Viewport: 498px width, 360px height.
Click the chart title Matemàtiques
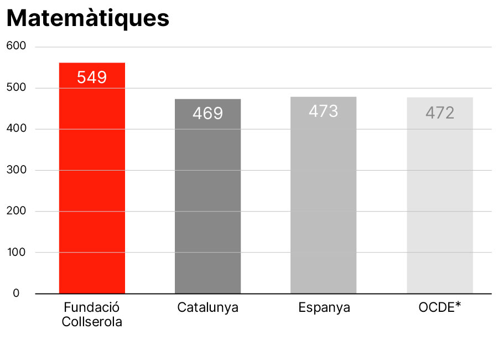coord(87,18)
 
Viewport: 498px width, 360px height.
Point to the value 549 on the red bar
coord(92,78)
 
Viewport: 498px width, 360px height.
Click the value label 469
coord(207,114)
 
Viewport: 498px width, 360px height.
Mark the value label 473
coord(323,111)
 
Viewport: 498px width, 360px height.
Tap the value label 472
coord(440,113)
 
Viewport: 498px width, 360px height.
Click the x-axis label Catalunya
coord(207,307)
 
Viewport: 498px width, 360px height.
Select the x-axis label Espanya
coord(324,307)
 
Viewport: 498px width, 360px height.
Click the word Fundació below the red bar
coord(92,307)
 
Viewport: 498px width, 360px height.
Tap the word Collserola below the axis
coord(92,321)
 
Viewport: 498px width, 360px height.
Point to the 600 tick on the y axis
coord(17,47)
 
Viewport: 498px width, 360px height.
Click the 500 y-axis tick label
coord(17,88)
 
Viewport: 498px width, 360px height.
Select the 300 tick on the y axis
coord(17,170)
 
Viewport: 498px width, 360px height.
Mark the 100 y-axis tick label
coord(17,253)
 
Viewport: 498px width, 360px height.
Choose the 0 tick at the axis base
coord(16,294)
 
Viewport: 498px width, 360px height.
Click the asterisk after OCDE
coord(458,306)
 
